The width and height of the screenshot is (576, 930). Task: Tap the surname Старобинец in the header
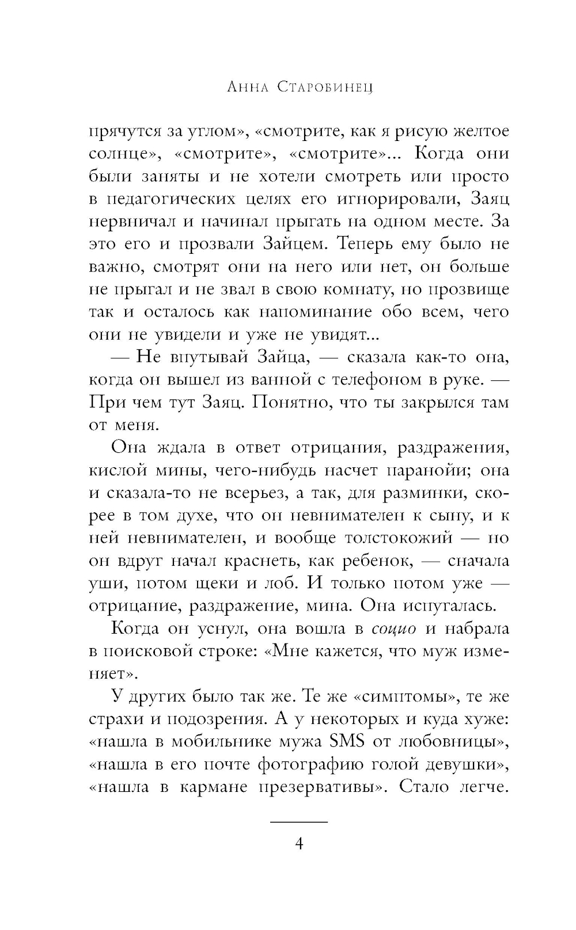[325, 87]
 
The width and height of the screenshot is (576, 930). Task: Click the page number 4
[299, 844]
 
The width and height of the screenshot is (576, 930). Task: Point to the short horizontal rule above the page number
[299, 821]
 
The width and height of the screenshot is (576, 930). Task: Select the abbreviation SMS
[346, 741]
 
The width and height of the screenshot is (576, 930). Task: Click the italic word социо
[394, 628]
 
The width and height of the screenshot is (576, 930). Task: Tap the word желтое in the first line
[480, 131]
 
